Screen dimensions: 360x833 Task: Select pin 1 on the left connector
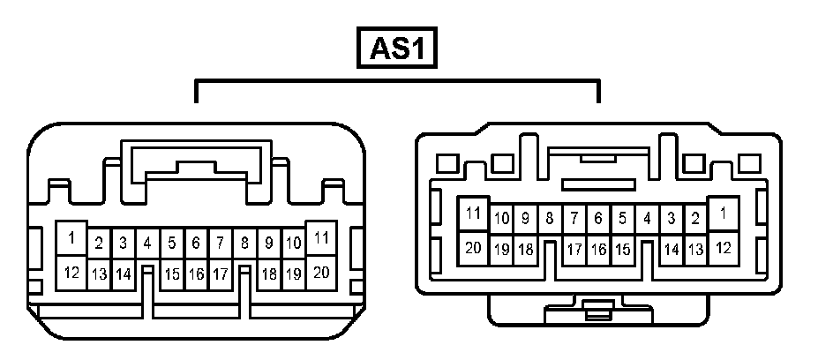click(71, 237)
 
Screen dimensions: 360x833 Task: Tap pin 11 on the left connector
click(321, 237)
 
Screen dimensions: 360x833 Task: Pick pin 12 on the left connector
click(71, 272)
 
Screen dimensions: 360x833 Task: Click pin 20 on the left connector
click(321, 272)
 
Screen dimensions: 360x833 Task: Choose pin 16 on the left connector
click(196, 274)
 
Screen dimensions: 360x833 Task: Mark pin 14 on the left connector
click(123, 274)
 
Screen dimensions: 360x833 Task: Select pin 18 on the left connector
click(269, 274)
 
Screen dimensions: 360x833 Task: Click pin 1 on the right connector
click(724, 214)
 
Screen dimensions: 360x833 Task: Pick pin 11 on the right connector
click(474, 214)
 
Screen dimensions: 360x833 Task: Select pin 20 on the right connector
click(474, 248)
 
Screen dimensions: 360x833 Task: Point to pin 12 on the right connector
click(724, 248)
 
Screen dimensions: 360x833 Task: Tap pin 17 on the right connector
click(574, 250)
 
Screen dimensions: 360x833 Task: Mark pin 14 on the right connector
click(672, 250)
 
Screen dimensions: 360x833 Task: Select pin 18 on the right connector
click(525, 250)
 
